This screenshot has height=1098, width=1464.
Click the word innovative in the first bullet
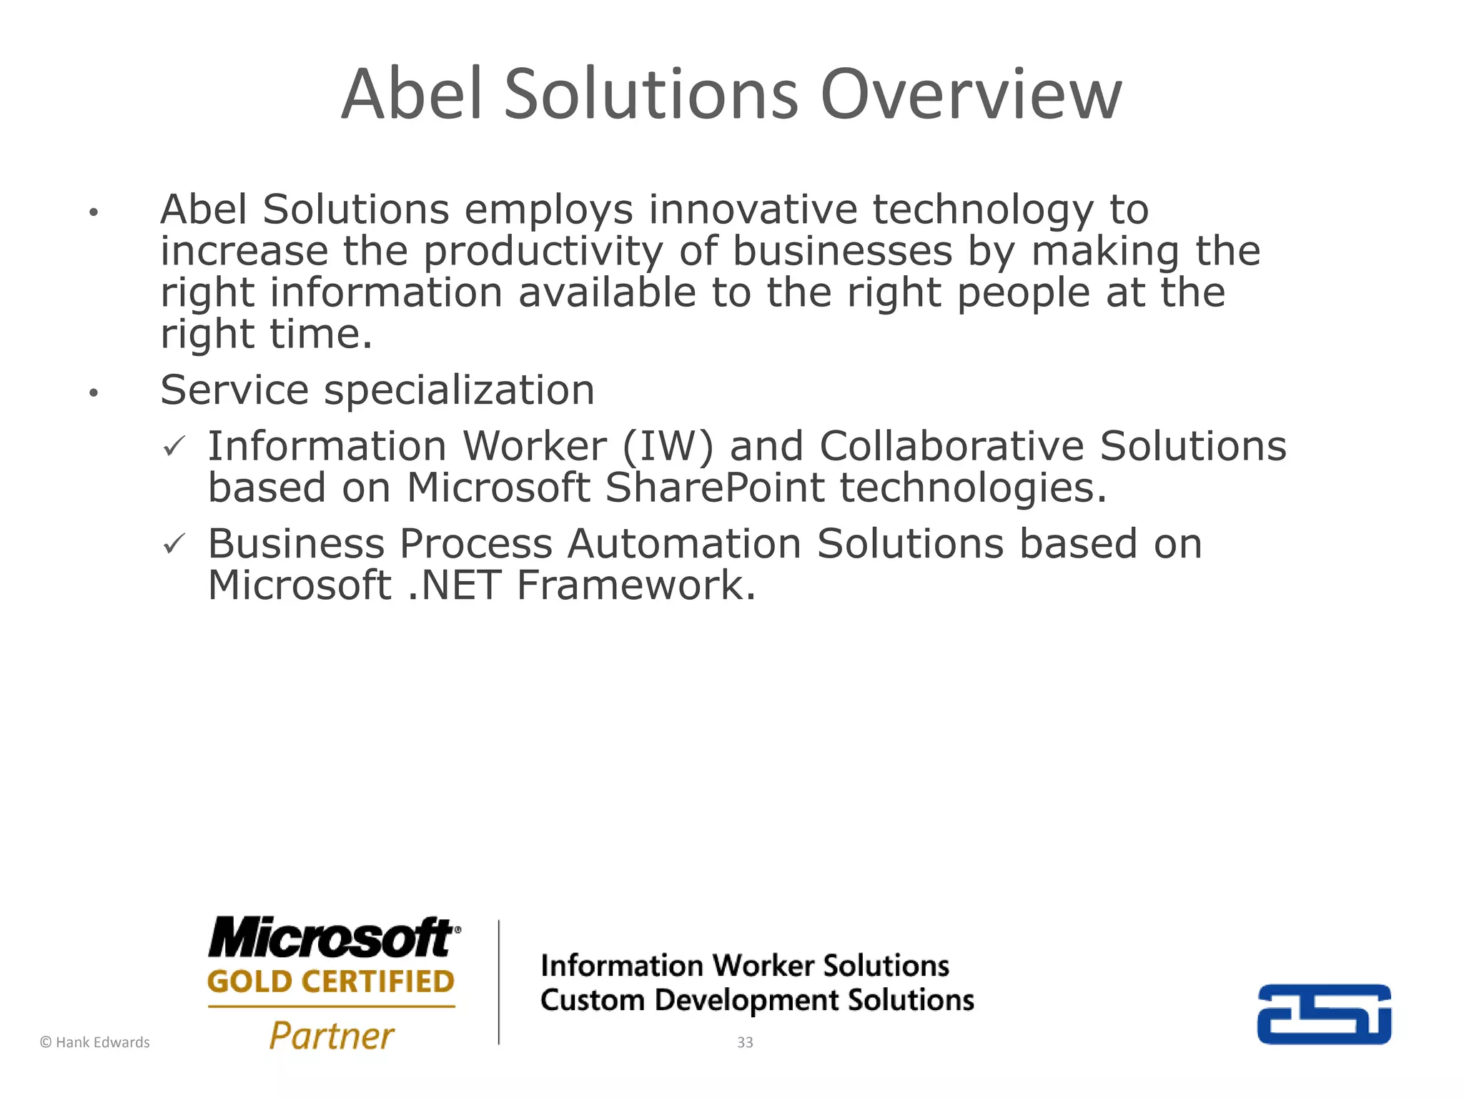(x=752, y=209)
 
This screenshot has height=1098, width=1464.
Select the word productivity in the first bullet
(x=543, y=252)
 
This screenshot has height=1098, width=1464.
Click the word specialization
(x=459, y=391)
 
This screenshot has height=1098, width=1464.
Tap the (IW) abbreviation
(x=668, y=446)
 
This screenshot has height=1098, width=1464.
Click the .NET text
(x=454, y=585)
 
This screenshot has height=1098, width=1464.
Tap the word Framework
(x=635, y=585)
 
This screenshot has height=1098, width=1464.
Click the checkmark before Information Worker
(x=174, y=447)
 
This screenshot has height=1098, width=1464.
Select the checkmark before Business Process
(x=174, y=544)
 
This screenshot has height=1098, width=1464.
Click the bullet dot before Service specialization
(x=93, y=392)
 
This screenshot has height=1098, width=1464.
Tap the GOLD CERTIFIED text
(x=331, y=981)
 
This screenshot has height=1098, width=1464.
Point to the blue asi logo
(x=1324, y=1014)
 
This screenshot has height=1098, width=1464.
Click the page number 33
(x=745, y=1042)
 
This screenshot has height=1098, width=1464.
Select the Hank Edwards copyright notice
(x=95, y=1042)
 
